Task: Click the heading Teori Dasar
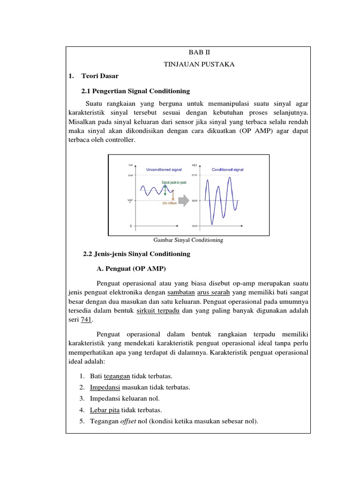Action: click(99, 75)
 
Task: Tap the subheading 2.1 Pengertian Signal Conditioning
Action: click(136, 90)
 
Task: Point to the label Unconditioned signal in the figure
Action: click(164, 170)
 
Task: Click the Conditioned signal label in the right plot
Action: click(227, 170)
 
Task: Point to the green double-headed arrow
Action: click(165, 189)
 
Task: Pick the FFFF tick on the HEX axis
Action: click(195, 175)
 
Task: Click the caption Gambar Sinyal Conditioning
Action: click(188, 240)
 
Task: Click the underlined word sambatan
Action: click(180, 292)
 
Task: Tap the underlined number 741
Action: click(86, 319)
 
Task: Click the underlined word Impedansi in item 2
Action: click(105, 387)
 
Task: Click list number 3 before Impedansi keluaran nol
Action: click(82, 398)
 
